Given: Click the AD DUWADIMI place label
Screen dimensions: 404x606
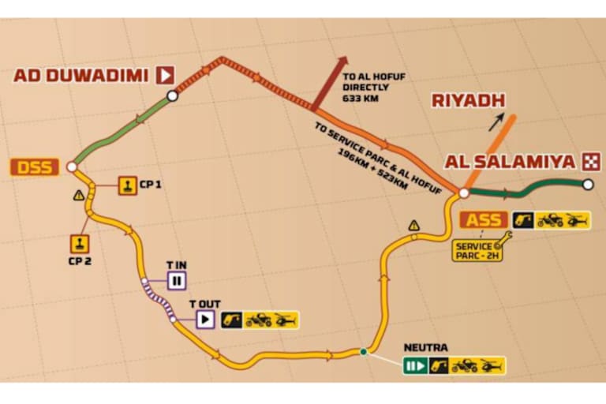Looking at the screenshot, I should (x=81, y=76).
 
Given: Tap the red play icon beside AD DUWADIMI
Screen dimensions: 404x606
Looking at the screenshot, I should (x=164, y=76).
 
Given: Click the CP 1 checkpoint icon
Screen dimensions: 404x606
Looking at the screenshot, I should (x=127, y=185).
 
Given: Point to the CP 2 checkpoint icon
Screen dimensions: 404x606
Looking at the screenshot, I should (x=81, y=241).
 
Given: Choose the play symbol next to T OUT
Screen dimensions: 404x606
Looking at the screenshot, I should (x=204, y=320).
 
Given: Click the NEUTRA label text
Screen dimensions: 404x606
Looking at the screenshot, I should (x=425, y=347).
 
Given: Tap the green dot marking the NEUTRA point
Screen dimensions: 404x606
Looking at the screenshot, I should (x=363, y=352).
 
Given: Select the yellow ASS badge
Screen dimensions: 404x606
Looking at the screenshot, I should (x=484, y=220).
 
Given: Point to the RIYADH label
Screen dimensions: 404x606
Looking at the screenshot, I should (x=468, y=100).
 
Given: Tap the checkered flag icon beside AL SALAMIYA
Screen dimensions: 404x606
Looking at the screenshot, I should (x=589, y=163).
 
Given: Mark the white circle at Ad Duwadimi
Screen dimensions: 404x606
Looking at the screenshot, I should (x=172, y=95).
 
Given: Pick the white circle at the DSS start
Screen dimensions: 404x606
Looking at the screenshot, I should (x=71, y=167).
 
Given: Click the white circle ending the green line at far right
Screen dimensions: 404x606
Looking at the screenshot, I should (x=588, y=185).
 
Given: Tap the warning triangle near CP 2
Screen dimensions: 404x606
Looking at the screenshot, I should (x=77, y=194).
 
